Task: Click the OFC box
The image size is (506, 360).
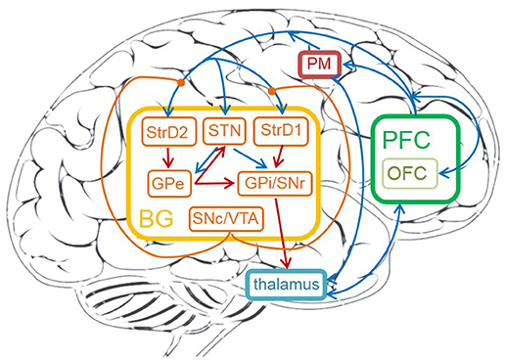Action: pos(408,172)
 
